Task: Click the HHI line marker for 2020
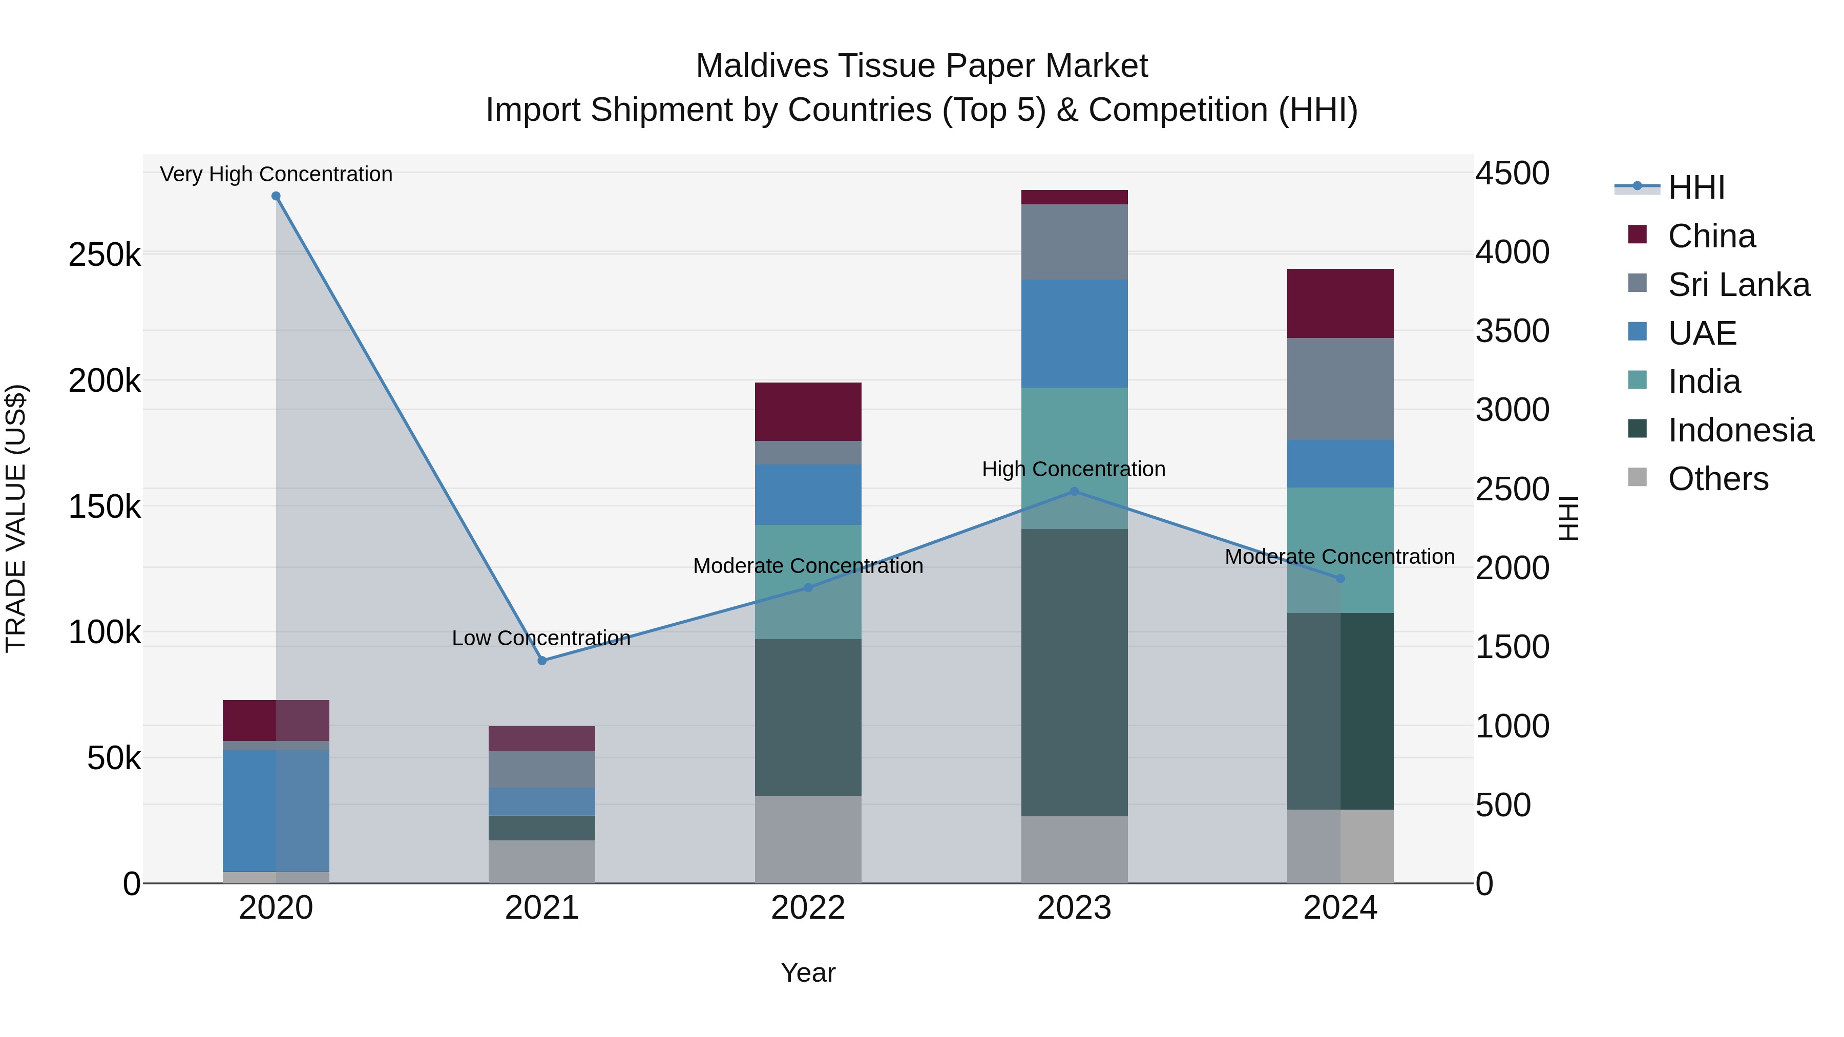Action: tap(276, 196)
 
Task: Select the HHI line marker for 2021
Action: tap(542, 661)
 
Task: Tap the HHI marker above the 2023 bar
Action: tap(1074, 492)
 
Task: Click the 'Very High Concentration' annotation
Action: tap(276, 174)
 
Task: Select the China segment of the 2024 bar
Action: tap(1340, 304)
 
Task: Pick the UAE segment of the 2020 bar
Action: tap(276, 810)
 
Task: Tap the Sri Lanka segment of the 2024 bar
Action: tap(1340, 389)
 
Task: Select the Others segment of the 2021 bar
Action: tap(542, 862)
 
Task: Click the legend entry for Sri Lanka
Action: tap(1738, 285)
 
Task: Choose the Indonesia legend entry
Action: tap(1740, 430)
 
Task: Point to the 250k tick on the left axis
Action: tap(104, 255)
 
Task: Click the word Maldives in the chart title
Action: tap(760, 66)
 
